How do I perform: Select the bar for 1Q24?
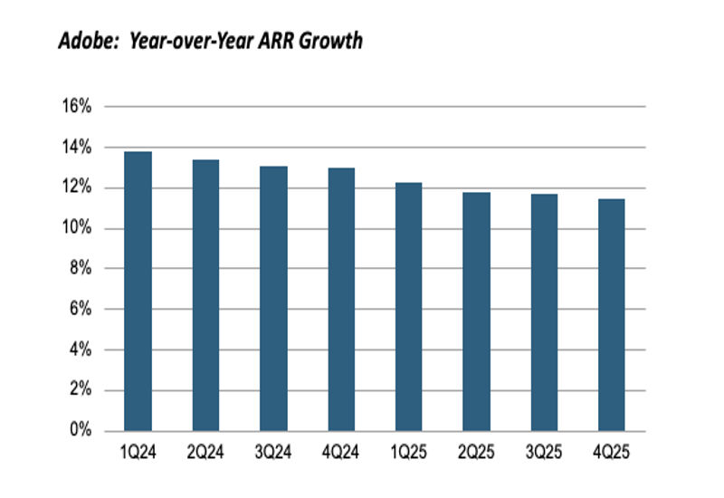[x=138, y=291]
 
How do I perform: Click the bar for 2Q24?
[x=205, y=295]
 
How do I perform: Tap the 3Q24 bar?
[x=272, y=298]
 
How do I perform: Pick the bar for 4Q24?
[x=340, y=299]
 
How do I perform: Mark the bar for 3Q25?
[x=544, y=311]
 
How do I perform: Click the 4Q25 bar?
[x=612, y=314]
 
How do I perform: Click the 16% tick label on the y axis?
[x=77, y=107]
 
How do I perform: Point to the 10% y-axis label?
[x=77, y=228]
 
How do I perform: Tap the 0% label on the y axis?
[x=81, y=430]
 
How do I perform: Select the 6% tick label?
[x=81, y=309]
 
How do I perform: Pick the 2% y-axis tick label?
[x=81, y=390]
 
